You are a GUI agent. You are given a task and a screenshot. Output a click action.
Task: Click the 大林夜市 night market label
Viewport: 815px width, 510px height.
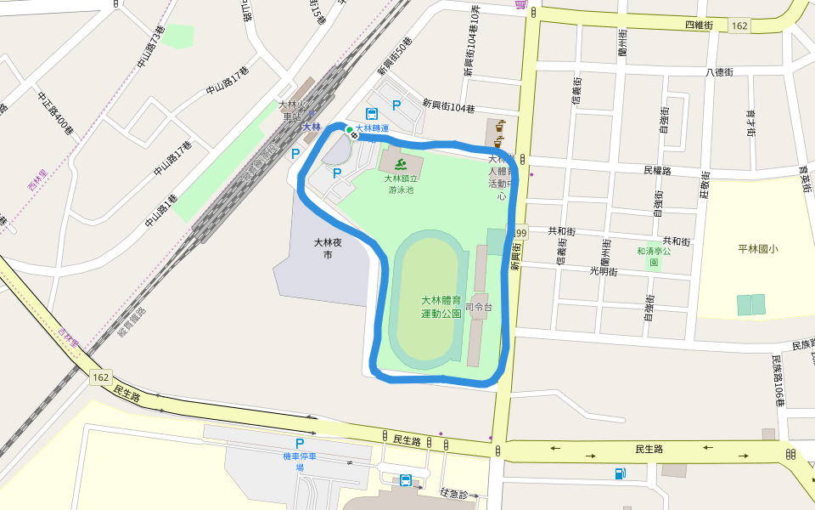tap(327, 248)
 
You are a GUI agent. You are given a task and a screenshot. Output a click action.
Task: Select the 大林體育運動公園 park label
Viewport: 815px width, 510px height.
tap(441, 306)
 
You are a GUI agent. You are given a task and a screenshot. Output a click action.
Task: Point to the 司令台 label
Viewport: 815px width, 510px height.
tap(480, 307)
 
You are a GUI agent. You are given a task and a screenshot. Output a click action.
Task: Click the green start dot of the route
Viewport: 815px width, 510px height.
tap(349, 129)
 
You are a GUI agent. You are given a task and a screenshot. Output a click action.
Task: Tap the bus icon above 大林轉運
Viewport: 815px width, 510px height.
tap(372, 113)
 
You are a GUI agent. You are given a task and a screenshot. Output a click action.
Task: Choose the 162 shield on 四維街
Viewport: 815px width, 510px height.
tap(739, 26)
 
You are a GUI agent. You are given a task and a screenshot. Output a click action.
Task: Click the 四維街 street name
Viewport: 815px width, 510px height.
tap(699, 25)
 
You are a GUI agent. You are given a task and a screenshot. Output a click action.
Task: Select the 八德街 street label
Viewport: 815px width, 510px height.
tap(718, 72)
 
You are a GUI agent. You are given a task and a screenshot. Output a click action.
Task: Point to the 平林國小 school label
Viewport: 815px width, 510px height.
tap(758, 249)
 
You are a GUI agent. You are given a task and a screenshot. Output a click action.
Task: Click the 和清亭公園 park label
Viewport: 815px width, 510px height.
tap(654, 257)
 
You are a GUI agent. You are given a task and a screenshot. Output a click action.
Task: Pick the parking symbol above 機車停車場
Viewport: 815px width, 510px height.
tap(299, 444)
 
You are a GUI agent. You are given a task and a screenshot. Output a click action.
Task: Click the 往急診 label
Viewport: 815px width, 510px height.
tap(456, 492)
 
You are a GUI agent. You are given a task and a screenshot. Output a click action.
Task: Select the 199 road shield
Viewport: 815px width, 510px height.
tap(520, 232)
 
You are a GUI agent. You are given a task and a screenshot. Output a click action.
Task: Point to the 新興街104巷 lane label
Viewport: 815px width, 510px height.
tap(449, 108)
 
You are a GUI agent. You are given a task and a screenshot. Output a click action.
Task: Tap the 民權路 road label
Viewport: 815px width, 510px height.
tap(657, 170)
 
